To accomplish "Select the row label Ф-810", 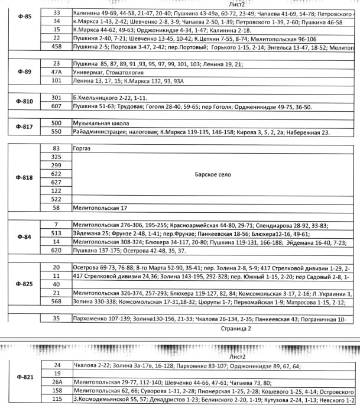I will click(x=24, y=102).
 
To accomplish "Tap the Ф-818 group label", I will click(x=24, y=177).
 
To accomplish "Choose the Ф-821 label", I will click(x=24, y=382).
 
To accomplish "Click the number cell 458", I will click(x=57, y=46).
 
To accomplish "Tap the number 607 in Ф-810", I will click(x=57, y=106).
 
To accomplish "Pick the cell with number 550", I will click(x=57, y=132).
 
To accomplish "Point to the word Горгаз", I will click(x=83, y=148).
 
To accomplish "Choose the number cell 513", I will click(x=57, y=234).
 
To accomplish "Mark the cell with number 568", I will click(x=57, y=301).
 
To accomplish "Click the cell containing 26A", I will click(x=57, y=382).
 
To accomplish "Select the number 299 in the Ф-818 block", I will click(x=57, y=166).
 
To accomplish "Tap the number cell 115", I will click(x=57, y=400).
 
